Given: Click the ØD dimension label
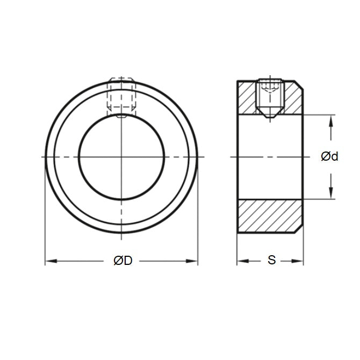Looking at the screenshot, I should (x=123, y=261).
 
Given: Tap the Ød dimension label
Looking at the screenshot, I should (x=329, y=156).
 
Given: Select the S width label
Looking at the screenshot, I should (x=271, y=261).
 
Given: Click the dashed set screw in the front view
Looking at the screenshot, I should (x=121, y=96).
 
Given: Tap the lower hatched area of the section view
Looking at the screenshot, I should (x=270, y=216).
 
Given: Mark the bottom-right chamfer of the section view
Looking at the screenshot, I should (x=300, y=229).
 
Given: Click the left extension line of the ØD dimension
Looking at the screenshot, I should (x=45, y=215).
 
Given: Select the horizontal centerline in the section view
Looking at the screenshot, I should (x=269, y=156).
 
